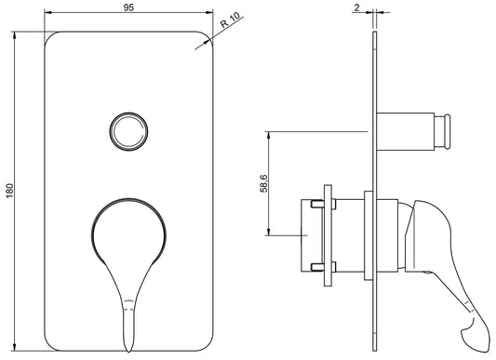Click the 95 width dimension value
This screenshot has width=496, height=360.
click(x=128, y=8)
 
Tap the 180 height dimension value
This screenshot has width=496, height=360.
click(x=10, y=191)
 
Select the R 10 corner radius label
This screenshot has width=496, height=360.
click(x=231, y=20)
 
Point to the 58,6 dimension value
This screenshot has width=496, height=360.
click(x=263, y=183)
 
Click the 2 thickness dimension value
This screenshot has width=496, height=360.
click(x=356, y=7)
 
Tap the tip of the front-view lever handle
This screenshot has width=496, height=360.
click(x=128, y=351)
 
